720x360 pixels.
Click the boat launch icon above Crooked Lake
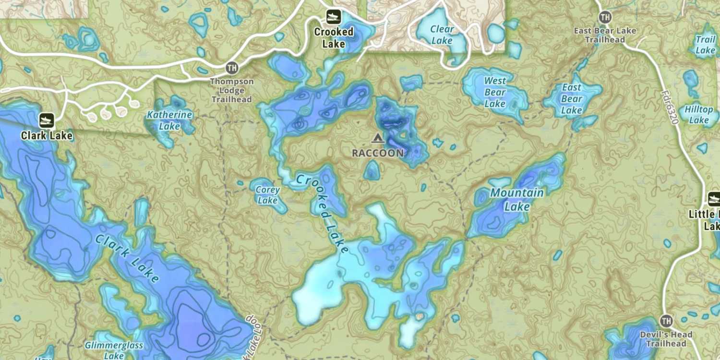click(x=334, y=17)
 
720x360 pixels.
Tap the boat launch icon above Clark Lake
click(x=47, y=120)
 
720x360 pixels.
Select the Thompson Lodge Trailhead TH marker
click(x=232, y=68)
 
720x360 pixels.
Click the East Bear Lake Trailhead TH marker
click(x=605, y=18)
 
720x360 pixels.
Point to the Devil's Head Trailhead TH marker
click(x=666, y=321)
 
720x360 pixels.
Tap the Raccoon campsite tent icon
click(x=377, y=139)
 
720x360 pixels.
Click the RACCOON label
click(x=378, y=153)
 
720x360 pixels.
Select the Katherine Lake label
click(x=169, y=120)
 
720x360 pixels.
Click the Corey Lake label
click(x=267, y=195)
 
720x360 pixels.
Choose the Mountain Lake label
click(x=517, y=200)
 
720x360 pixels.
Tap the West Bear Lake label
click(x=495, y=92)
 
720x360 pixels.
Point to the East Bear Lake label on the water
click(x=572, y=99)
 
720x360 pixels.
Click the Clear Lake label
click(x=442, y=35)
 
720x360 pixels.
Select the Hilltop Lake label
click(x=699, y=115)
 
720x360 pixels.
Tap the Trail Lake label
click(x=706, y=45)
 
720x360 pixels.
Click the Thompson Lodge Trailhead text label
click(x=232, y=91)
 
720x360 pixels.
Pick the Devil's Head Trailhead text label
click(x=666, y=339)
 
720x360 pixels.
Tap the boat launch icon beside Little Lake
click(x=714, y=199)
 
